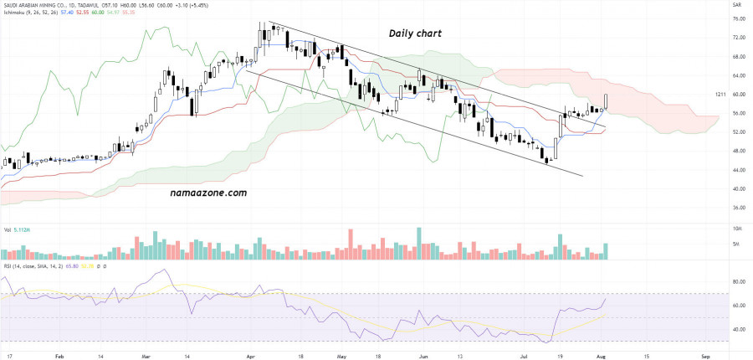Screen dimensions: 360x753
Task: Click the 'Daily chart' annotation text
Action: (415, 33)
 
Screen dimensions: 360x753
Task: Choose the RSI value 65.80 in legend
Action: (74, 266)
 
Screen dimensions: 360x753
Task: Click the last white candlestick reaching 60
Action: (606, 101)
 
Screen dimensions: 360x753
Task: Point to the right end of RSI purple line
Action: (606, 299)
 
